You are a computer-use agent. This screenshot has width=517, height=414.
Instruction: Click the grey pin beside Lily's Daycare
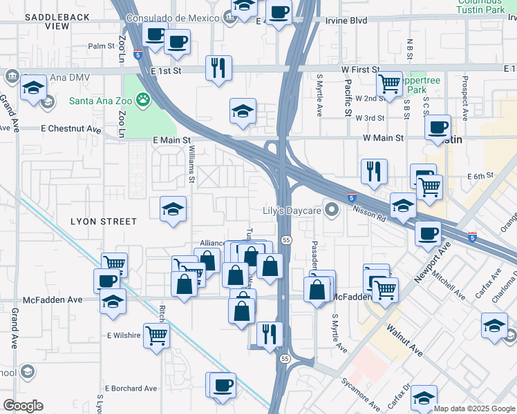tap(332, 209)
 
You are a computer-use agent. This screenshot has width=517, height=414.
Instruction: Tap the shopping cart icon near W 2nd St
tap(390, 83)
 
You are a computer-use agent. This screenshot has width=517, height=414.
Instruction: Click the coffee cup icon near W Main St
tap(438, 128)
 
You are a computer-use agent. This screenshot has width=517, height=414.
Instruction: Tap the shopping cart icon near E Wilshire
tap(157, 335)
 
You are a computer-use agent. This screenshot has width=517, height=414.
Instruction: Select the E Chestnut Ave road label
tap(71, 129)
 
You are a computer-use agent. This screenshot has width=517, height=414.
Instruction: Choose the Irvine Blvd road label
tap(346, 21)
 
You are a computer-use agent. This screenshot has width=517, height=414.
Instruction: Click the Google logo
tap(23, 406)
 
